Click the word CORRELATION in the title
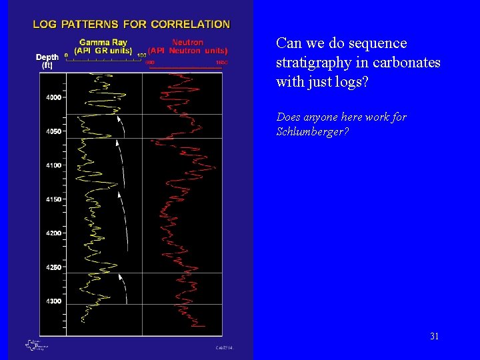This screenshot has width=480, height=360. tap(191, 24)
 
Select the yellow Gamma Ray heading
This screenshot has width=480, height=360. tap(100, 43)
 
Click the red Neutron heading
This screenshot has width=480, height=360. tap(188, 43)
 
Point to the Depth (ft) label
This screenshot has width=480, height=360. tap(47, 61)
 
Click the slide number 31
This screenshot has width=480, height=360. tap(434, 336)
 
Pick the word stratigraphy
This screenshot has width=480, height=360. tap(307, 63)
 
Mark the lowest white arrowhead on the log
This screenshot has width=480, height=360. tap(120, 276)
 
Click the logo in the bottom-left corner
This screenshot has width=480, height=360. tap(35, 345)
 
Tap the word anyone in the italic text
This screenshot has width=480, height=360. tap(322, 117)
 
